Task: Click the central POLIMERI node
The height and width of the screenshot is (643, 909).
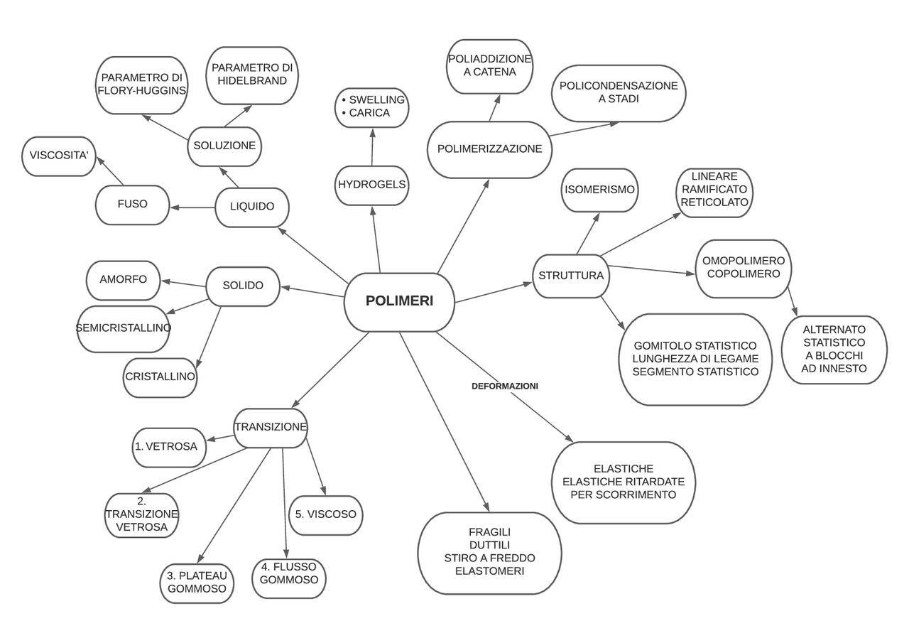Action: coord(399,302)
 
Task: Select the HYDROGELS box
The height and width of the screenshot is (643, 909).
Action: coord(371,185)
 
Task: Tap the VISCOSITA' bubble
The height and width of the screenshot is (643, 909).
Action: coord(58,156)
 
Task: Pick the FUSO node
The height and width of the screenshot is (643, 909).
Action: coord(133,205)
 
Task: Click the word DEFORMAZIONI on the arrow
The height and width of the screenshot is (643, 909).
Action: coord(505,387)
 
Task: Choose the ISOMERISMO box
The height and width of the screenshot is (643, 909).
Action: coord(599,190)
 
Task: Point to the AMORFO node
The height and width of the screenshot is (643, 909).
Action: coord(123,280)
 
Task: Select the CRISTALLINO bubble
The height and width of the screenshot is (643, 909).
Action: coord(160,377)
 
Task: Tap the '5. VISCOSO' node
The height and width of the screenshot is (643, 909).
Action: coord(325,515)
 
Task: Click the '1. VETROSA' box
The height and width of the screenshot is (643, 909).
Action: coord(169,447)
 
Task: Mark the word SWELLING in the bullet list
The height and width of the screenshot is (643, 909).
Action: coord(376,100)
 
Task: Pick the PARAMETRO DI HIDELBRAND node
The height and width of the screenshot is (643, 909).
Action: coord(252,75)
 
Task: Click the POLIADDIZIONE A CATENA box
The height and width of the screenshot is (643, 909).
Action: coord(489,65)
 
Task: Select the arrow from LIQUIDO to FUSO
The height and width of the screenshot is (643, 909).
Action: coord(192,207)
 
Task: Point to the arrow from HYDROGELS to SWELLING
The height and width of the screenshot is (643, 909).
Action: coord(372,147)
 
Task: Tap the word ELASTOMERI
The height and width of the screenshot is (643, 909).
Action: coord(489,571)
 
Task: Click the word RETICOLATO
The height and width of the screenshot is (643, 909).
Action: coord(714,202)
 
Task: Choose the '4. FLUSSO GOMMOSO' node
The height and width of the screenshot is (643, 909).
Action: coord(288,574)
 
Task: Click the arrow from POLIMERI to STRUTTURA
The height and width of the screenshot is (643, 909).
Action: coord(494,293)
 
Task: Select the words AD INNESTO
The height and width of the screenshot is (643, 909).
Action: coord(834,369)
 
